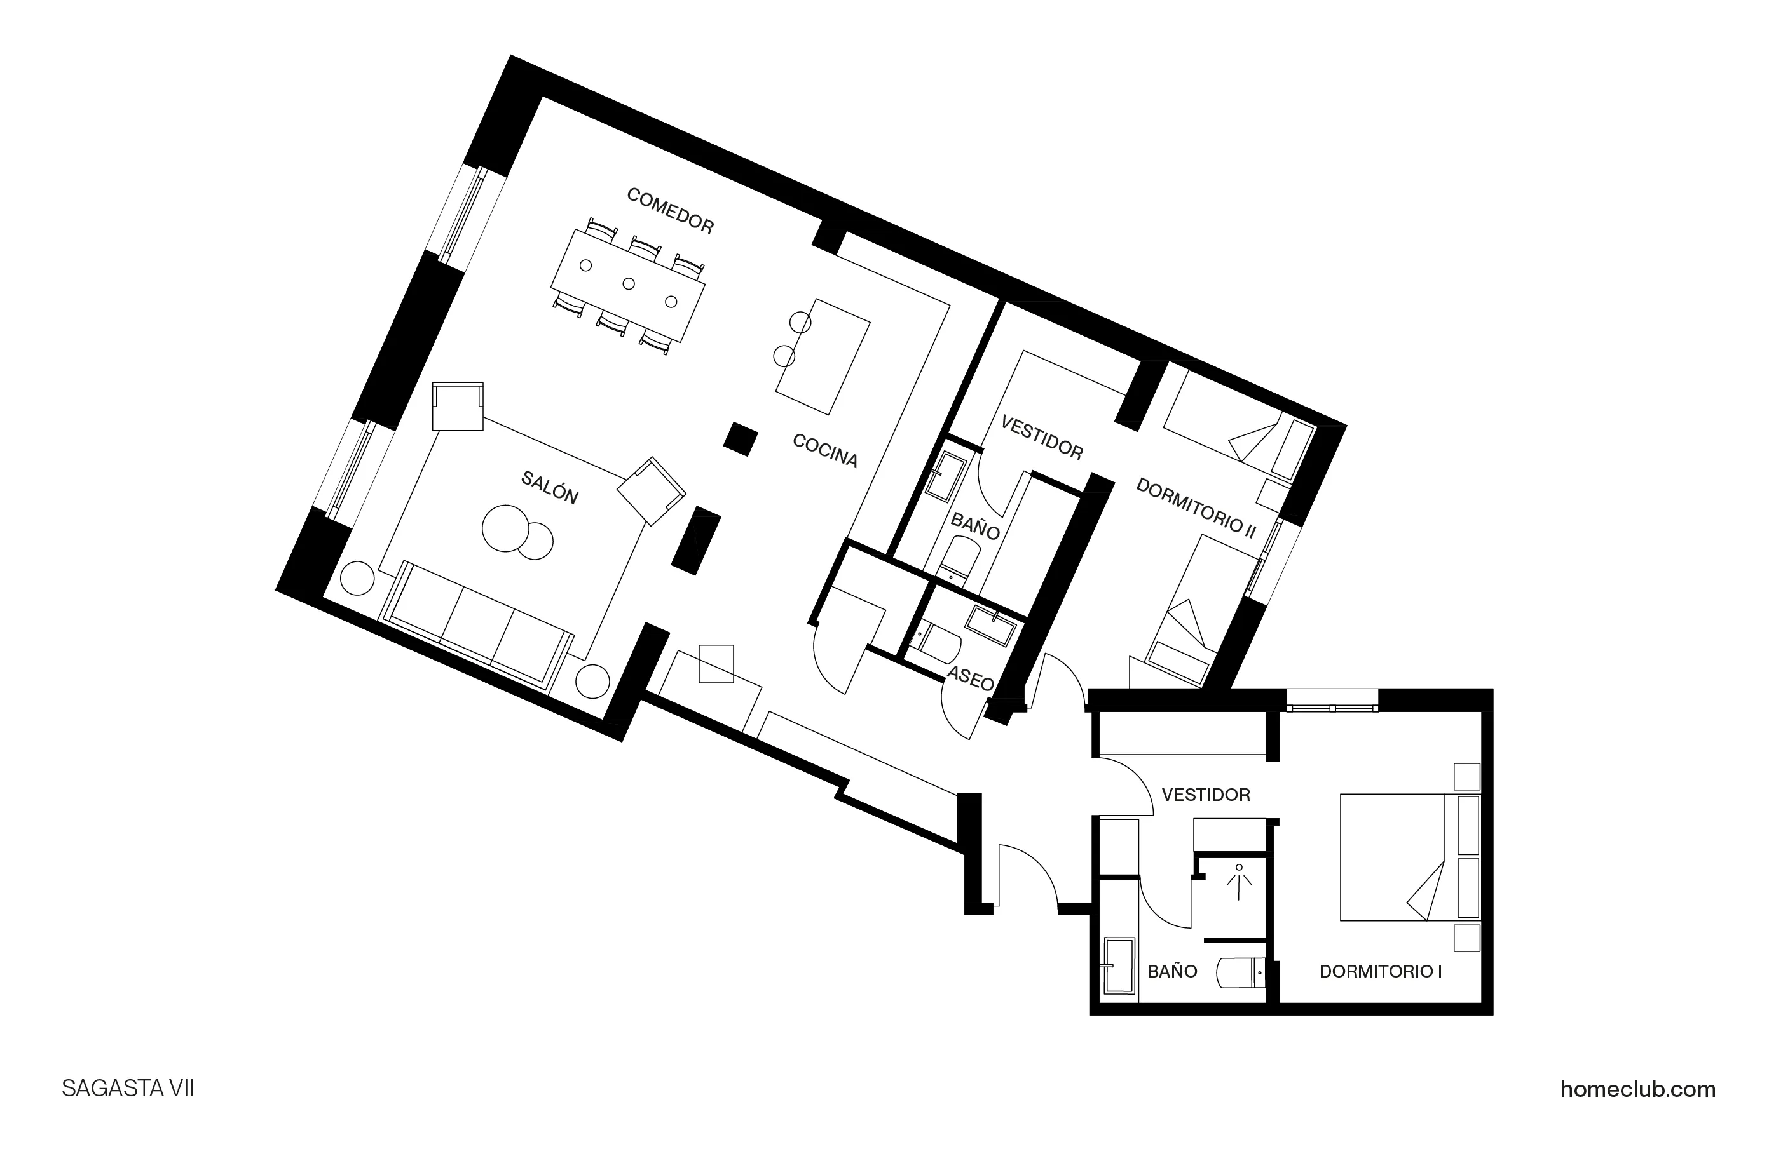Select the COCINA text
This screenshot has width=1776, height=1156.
coord(824,450)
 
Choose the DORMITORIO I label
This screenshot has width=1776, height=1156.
coord(1380,972)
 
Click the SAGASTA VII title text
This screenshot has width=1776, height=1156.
coord(128,1089)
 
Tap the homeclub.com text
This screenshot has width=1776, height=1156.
coord(1637,1089)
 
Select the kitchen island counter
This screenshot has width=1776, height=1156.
coord(823,356)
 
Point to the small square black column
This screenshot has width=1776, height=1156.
coord(741,440)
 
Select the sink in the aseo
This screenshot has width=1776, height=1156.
coord(991,625)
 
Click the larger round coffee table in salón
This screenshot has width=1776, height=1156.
coord(505,528)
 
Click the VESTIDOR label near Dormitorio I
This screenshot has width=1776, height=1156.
coord(1205,795)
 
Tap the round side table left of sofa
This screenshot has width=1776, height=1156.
coord(357,578)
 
